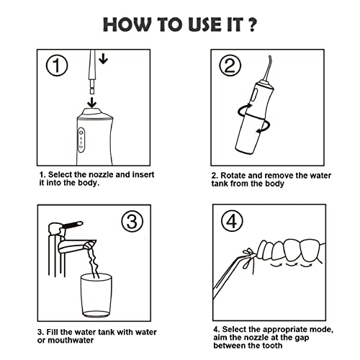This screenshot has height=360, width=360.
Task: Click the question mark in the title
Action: pos(252,24)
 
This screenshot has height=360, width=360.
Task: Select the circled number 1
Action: pos(57,66)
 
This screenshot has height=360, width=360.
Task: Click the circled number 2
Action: pos(230,66)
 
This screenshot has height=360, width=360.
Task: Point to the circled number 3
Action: pos(132,221)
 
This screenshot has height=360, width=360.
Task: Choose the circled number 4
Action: pos(232,220)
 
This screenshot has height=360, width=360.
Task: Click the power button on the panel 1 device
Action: pos(81,132)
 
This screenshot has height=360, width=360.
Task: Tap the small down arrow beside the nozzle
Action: pos(103,58)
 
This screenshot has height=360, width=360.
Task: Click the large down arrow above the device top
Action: pos(91,102)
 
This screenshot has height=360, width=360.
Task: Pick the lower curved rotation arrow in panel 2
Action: pos(265,126)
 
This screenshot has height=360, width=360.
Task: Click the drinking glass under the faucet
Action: pos(96,295)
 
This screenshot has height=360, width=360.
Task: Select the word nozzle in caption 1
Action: pos(101,174)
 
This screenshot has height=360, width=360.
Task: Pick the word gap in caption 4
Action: pos(303,338)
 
